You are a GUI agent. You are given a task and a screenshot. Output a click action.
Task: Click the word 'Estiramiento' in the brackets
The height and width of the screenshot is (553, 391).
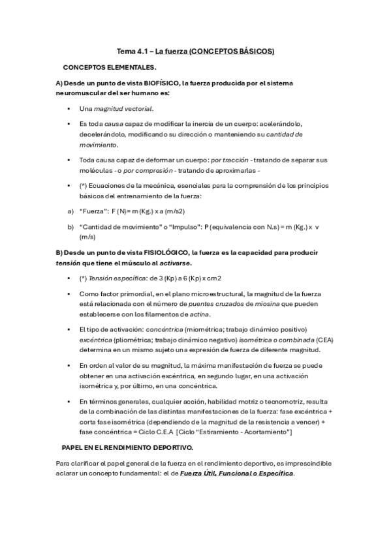point(233,432)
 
